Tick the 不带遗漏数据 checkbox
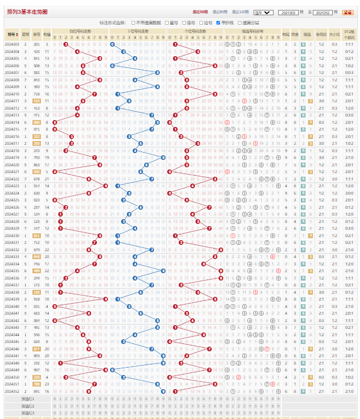tap(133, 23)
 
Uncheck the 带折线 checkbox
tap(218, 23)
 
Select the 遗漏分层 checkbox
tap(239, 23)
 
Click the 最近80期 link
tap(219, 12)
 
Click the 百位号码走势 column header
tap(80, 31)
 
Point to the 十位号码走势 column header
tap(138, 31)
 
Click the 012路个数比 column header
tap(349, 34)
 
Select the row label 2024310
tap(12, 94)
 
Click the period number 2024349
tap(12, 370)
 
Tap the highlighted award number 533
tap(37, 101)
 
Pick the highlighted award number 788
tap(37, 384)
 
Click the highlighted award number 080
tap(37, 122)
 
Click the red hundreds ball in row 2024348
tap(60, 363)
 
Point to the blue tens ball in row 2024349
tap(112, 370)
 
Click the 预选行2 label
tap(28, 406)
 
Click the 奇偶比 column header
tap(321, 34)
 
